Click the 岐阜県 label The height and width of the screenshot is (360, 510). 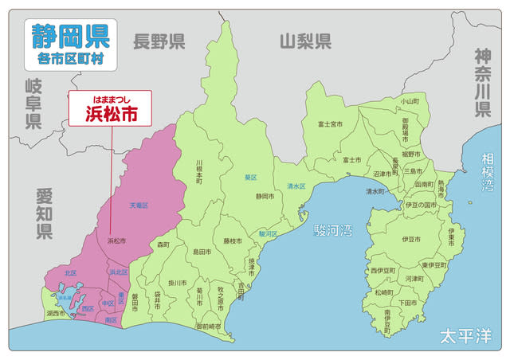pyautogui.click(x=33, y=103)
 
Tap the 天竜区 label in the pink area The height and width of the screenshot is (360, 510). pyautogui.click(x=139, y=205)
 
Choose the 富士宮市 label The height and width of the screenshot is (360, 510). pyautogui.click(x=330, y=124)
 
